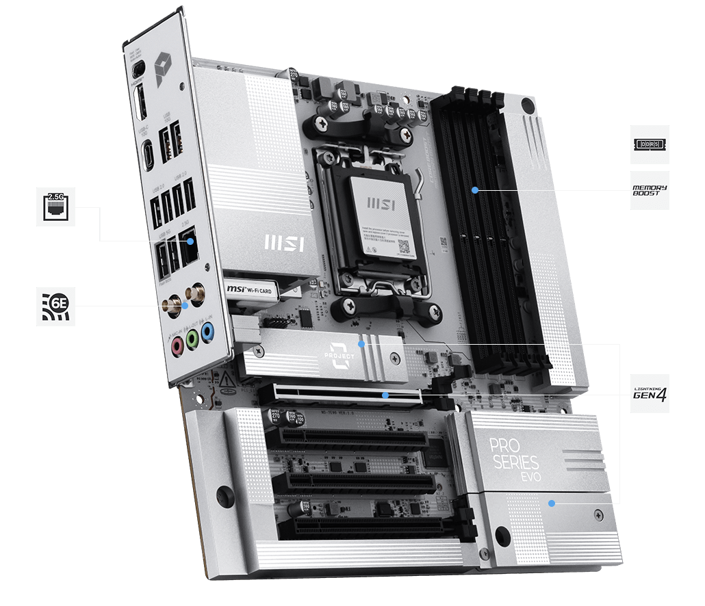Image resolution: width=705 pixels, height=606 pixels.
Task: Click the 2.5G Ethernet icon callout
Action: coord(55,207)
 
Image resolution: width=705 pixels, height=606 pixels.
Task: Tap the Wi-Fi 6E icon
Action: coord(55,306)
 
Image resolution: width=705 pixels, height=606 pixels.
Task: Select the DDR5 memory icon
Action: coord(649,144)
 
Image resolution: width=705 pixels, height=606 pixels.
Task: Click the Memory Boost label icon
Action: coord(649,190)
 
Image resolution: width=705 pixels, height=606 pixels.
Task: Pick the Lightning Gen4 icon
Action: coord(649,394)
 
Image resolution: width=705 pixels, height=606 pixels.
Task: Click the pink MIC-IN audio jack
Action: coord(177,346)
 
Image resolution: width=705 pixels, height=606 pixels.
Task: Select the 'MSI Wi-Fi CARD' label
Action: coord(250,287)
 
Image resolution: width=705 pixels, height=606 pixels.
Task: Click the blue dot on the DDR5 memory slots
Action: coord(475,189)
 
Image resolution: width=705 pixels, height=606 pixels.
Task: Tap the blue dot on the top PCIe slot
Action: coord(386,395)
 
